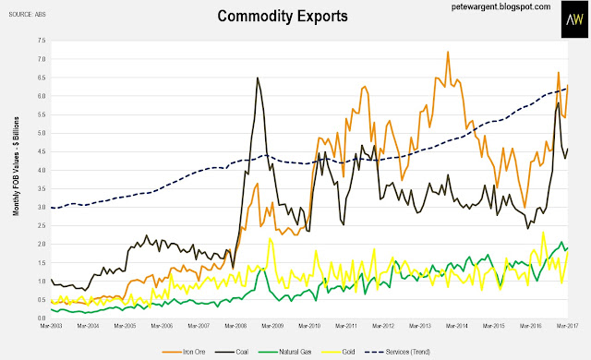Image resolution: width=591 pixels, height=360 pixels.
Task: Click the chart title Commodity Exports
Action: click(283, 17)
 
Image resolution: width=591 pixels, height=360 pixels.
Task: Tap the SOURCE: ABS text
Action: click(27, 15)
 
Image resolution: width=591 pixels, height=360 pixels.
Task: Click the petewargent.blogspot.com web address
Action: click(501, 6)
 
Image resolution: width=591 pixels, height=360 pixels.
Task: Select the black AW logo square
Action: click(574, 19)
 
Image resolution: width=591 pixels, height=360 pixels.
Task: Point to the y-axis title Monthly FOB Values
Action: click(16, 166)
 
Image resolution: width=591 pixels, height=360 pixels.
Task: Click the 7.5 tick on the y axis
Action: click(41, 41)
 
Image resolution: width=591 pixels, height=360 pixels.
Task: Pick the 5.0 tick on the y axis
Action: click(41, 133)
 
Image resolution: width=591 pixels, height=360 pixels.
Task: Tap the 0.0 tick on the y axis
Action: click(41, 318)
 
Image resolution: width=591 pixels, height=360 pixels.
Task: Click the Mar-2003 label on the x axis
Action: click(52, 326)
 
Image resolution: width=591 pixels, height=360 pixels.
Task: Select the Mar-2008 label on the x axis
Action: click(235, 326)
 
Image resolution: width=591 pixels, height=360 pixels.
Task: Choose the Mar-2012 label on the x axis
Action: click(383, 326)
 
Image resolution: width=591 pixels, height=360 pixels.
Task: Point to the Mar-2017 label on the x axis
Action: click(567, 326)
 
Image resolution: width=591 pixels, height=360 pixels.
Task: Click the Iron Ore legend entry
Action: click(184, 352)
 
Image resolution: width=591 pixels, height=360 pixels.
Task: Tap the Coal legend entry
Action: click(232, 352)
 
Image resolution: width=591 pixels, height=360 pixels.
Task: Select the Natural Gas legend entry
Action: click(285, 352)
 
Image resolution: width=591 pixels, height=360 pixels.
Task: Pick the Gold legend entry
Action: click(339, 352)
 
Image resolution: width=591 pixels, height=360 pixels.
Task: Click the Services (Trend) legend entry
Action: click(398, 352)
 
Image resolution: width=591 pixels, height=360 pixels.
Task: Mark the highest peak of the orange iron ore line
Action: click(448, 52)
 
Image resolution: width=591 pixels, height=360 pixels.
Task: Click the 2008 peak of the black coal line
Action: click(258, 78)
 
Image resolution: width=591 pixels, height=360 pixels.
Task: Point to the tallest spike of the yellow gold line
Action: click(543, 232)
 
